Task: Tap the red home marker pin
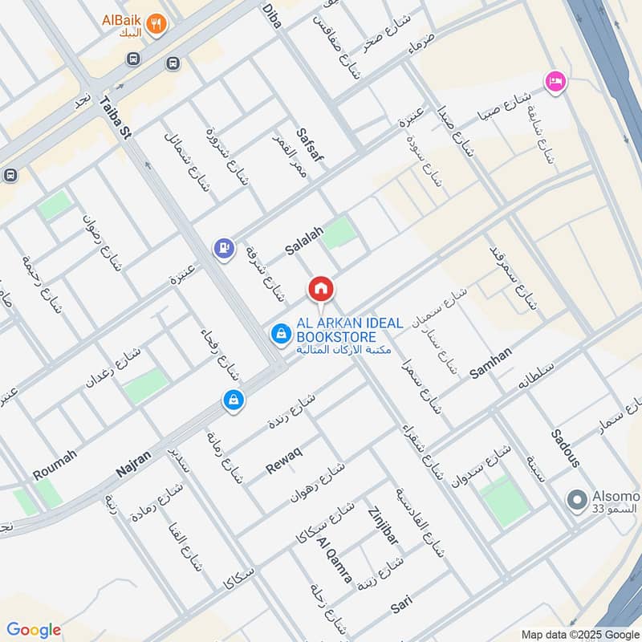(x=320, y=289)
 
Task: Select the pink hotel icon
(x=554, y=81)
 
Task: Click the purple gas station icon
(x=225, y=248)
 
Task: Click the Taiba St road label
(x=111, y=118)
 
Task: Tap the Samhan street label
(x=491, y=363)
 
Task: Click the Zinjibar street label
(x=382, y=526)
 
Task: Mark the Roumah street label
(x=55, y=465)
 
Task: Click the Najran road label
(x=133, y=464)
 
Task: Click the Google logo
(x=34, y=630)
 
